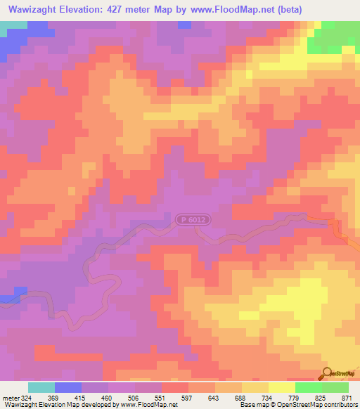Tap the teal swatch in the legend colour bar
click(x=41, y=387)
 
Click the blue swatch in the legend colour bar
click(x=68, y=387)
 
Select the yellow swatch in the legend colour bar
click(x=282, y=387)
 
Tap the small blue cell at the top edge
click(x=184, y=25)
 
